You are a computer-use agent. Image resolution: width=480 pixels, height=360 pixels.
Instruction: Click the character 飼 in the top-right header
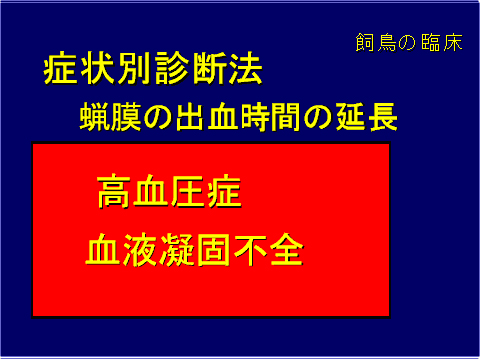(364, 44)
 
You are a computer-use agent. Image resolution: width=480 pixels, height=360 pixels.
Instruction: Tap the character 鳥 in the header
(386, 44)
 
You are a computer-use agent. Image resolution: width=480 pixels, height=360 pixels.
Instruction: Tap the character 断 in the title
(211, 71)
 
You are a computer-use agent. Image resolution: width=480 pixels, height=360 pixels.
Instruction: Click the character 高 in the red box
(116, 191)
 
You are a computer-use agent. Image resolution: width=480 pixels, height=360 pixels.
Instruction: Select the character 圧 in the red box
(188, 191)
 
